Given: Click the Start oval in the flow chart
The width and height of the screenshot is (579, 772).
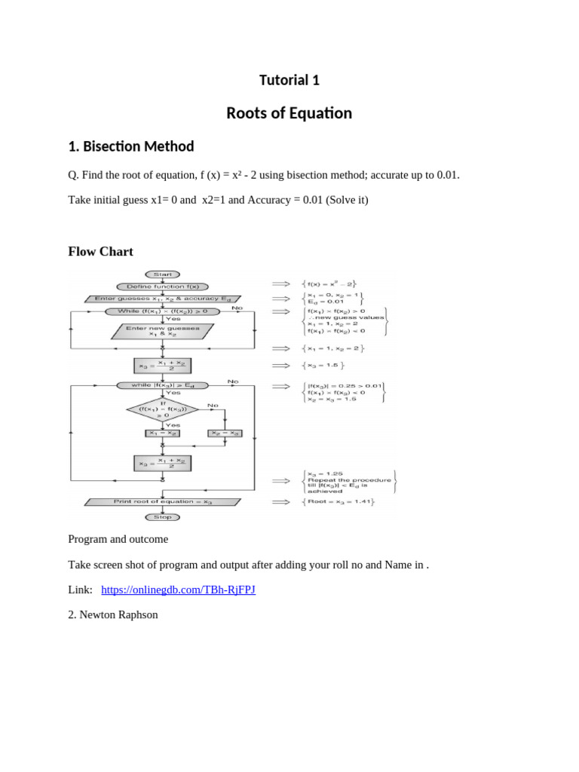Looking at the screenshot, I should click(162, 274).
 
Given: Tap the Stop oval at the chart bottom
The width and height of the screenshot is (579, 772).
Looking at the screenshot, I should click(162, 517).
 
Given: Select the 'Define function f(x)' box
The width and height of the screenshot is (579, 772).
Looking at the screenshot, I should click(162, 286).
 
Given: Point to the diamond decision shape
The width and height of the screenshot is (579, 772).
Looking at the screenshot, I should click(163, 409).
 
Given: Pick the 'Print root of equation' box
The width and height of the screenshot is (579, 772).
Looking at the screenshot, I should click(163, 501).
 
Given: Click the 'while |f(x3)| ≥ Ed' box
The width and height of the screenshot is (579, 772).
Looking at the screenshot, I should click(162, 385).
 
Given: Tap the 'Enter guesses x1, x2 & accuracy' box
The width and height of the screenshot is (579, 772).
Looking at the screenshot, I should click(163, 299).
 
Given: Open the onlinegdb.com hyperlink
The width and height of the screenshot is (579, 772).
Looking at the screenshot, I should click(178, 590).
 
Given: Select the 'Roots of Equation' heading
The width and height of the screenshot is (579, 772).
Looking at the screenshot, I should click(289, 113).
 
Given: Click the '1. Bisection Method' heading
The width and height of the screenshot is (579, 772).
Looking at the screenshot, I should click(131, 146).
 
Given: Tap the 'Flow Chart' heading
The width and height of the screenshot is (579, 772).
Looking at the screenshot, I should click(101, 251).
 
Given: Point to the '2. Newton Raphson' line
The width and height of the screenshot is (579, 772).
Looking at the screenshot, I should click(113, 614).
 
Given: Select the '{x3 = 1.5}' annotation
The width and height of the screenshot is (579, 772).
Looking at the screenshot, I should click(323, 366).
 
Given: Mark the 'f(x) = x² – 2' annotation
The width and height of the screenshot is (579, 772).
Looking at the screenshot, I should click(332, 283).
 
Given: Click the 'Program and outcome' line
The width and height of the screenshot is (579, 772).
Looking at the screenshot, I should click(118, 540).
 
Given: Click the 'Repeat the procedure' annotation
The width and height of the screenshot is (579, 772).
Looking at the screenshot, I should click(348, 479).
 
